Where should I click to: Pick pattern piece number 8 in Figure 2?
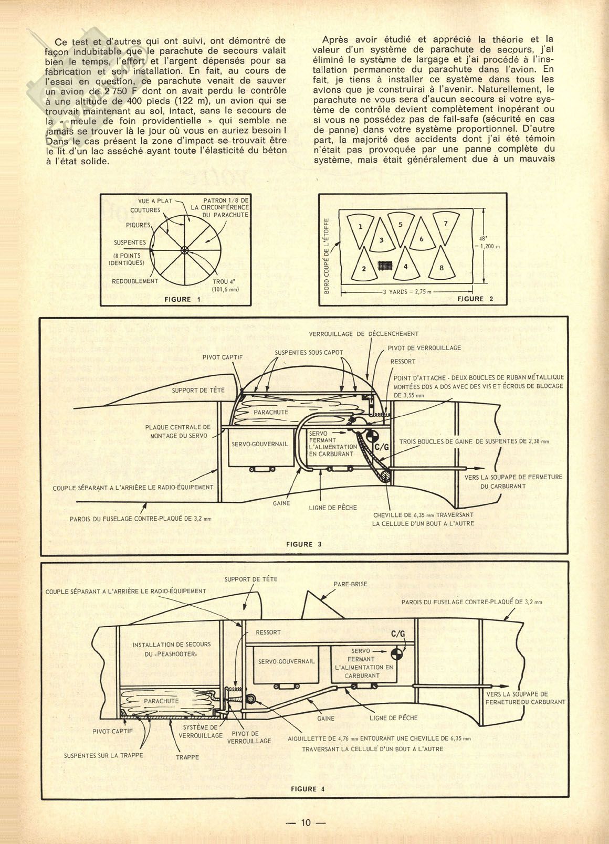point(442,265)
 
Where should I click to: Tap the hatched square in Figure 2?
point(385,265)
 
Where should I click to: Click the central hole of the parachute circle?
point(184,250)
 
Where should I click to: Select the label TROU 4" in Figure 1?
point(221,281)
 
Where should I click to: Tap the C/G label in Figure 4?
point(398,634)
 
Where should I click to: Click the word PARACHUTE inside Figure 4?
point(161,701)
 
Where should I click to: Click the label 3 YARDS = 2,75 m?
point(407,292)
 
